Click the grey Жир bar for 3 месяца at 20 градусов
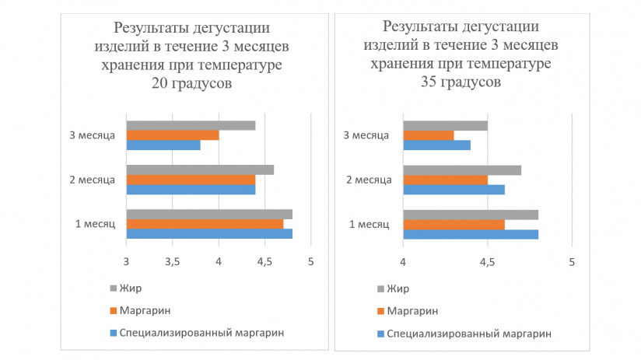[x=191, y=125]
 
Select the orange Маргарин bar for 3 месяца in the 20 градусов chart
[x=172, y=135]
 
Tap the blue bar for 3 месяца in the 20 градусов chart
[x=163, y=145]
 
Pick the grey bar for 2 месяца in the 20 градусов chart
[x=199, y=170]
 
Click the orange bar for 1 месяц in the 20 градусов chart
[x=204, y=224]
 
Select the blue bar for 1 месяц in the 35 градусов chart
[x=470, y=234]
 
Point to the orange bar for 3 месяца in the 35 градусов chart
[x=428, y=135]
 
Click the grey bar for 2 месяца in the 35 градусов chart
[x=461, y=170]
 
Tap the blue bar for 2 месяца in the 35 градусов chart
[x=453, y=189]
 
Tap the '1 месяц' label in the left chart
[x=95, y=225]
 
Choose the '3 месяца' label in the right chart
[x=366, y=135]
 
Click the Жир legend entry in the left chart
[x=129, y=288]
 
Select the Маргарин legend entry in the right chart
[x=412, y=311]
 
